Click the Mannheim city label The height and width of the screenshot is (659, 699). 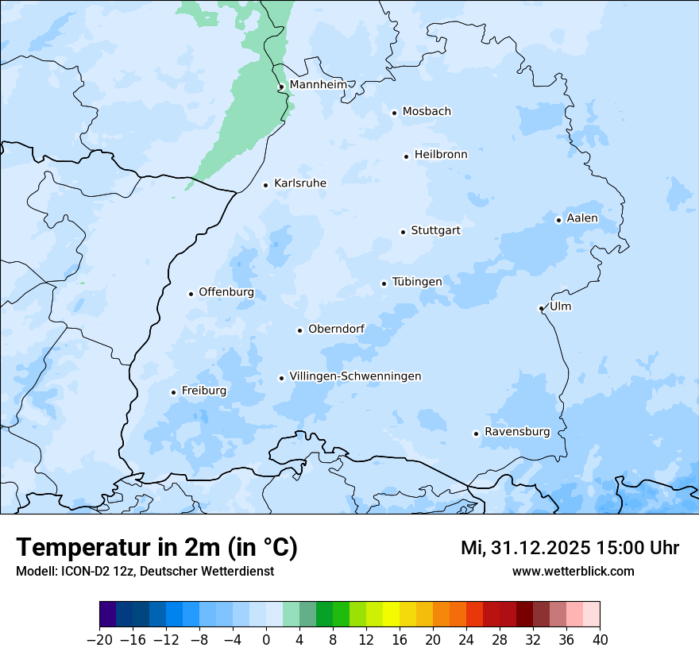click(318, 84)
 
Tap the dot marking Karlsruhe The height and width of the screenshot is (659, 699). click(266, 185)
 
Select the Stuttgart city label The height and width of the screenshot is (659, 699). click(435, 230)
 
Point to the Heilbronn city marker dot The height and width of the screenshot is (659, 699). click(406, 156)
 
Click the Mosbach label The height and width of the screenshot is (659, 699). click(427, 111)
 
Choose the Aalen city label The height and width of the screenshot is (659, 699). click(582, 218)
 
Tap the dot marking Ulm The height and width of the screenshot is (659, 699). click(541, 308)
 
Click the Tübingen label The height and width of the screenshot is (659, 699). click(417, 282)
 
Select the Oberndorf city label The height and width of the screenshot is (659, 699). click(336, 329)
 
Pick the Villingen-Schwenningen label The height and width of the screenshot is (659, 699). click(355, 376)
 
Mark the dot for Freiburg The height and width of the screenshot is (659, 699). click(173, 392)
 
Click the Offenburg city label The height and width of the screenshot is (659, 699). click(226, 292)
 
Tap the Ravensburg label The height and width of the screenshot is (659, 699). click(517, 432)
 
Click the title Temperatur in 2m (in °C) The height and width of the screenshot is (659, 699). click(156, 547)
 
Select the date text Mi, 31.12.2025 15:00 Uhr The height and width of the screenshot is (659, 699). click(570, 548)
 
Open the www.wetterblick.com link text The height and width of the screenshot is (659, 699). click(573, 571)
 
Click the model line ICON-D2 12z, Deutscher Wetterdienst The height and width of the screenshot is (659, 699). click(145, 571)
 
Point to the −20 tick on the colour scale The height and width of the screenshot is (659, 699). click(99, 640)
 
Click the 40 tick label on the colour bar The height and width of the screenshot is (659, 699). click(600, 640)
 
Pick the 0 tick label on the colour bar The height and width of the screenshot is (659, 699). click(266, 640)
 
